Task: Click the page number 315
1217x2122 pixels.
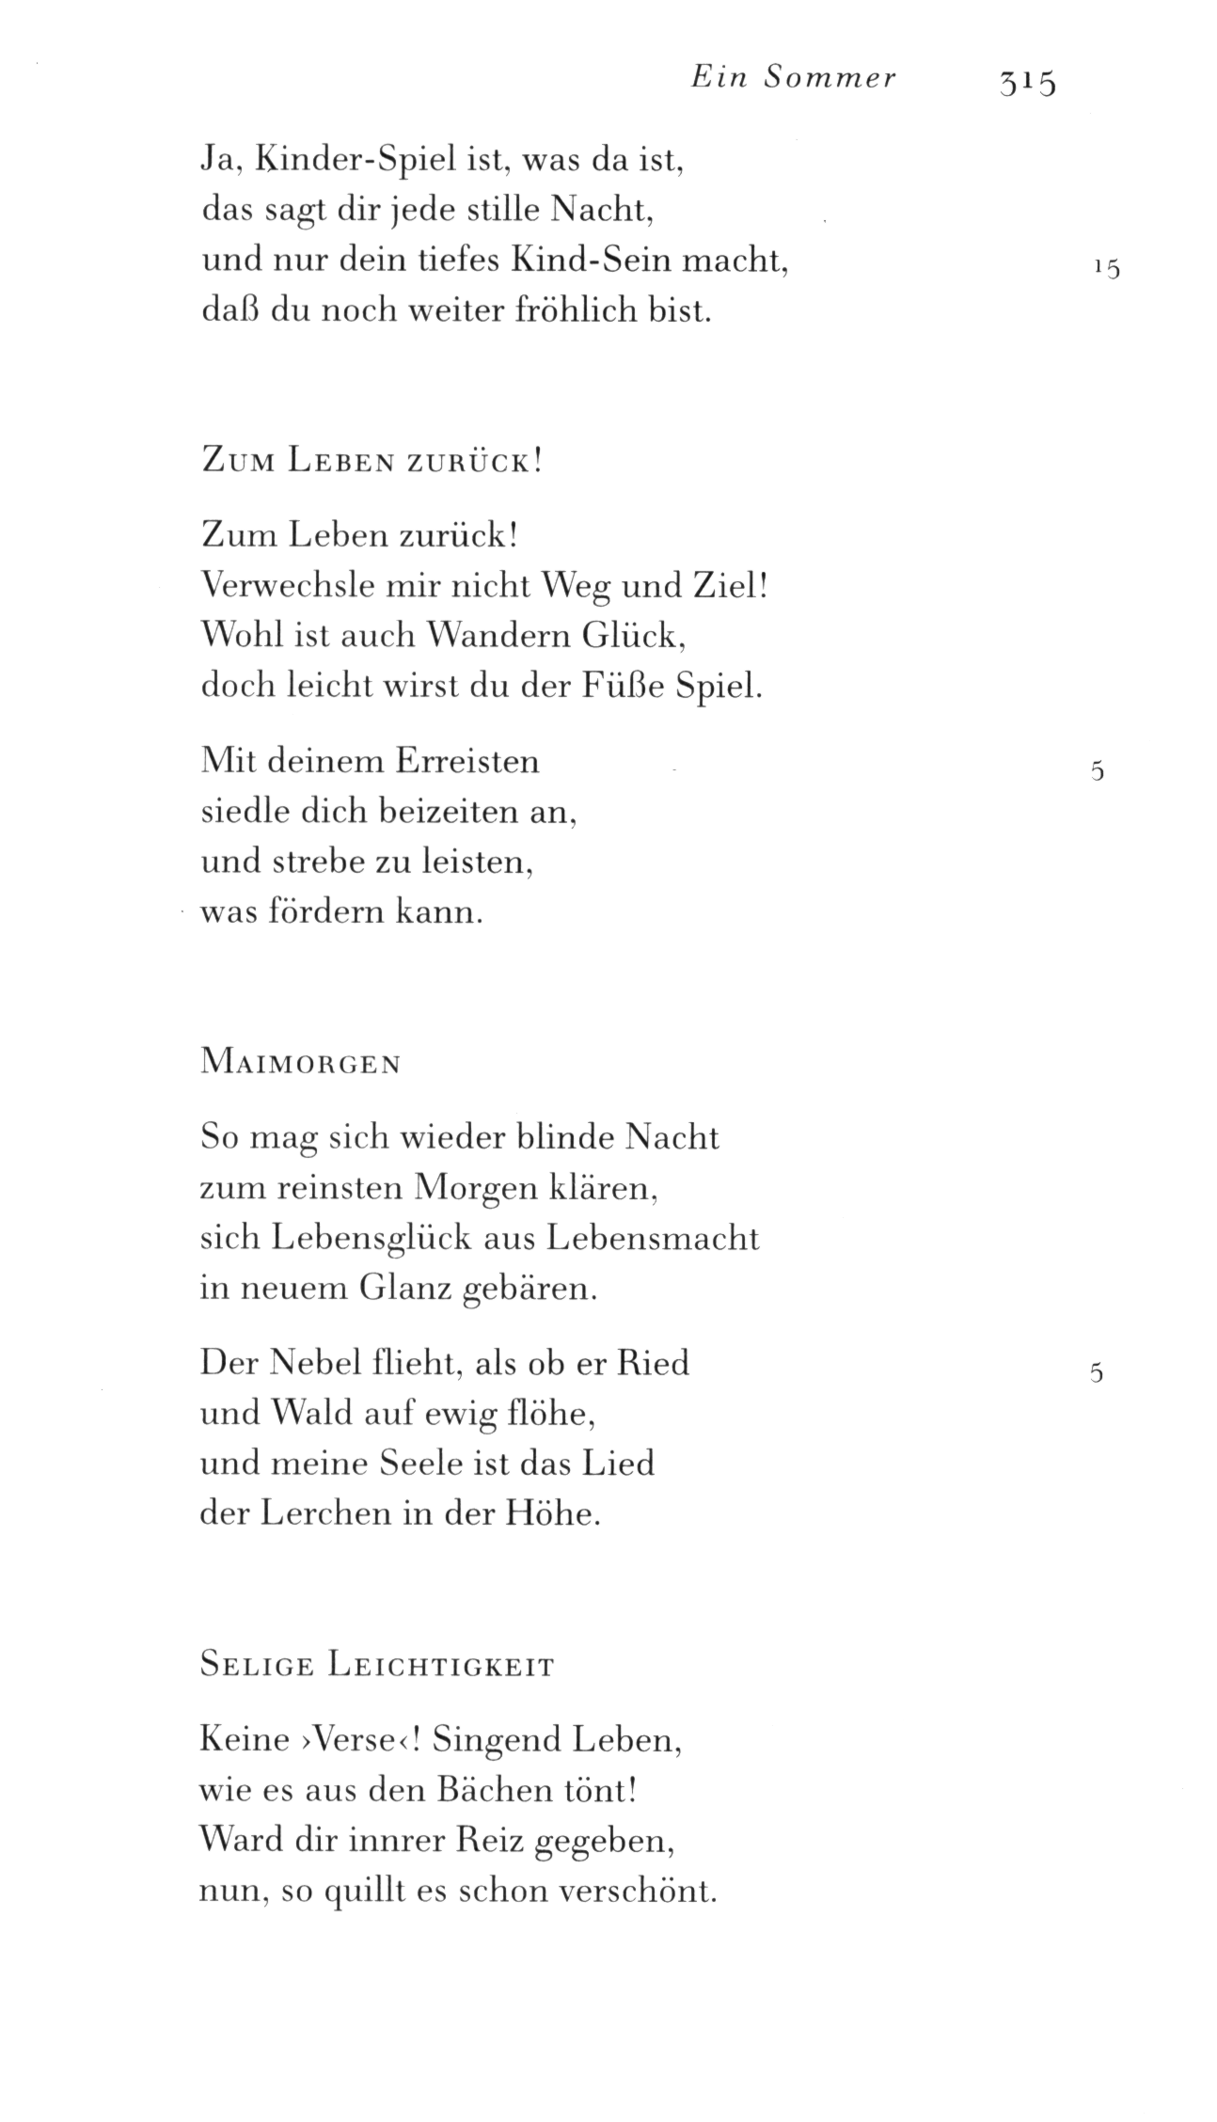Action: (1028, 83)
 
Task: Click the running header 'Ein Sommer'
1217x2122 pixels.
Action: (794, 79)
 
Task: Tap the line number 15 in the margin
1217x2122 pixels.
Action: (1107, 269)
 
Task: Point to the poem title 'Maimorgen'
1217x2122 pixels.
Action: (301, 1064)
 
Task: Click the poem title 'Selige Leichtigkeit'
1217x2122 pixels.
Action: (377, 1666)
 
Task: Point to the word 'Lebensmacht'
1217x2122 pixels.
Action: (652, 1238)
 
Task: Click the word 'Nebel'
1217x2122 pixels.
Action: (314, 1362)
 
